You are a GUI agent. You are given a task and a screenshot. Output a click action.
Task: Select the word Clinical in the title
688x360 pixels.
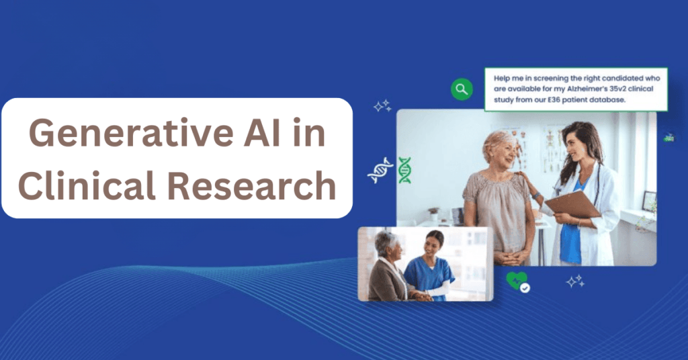click(87, 185)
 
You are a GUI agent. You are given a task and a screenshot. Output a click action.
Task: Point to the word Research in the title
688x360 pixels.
click(251, 185)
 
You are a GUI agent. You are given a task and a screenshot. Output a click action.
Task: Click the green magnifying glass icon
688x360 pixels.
click(462, 89)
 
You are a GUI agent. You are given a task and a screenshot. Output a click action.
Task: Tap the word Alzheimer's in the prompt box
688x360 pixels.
click(587, 89)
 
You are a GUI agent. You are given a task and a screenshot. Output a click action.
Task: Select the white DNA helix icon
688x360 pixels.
click(380, 170)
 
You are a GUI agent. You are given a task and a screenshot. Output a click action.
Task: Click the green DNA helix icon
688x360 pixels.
click(404, 170)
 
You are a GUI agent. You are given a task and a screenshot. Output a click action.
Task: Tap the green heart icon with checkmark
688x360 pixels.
click(517, 281)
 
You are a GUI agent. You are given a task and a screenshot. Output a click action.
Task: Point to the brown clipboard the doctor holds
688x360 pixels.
click(572, 205)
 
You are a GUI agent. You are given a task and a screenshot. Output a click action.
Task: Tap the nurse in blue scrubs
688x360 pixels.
click(429, 267)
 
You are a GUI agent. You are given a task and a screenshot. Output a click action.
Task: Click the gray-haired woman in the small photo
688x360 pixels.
click(388, 267)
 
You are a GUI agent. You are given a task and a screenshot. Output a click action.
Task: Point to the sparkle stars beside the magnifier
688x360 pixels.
click(382, 105)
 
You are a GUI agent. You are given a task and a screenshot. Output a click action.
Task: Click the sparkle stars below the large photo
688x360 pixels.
click(575, 281)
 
